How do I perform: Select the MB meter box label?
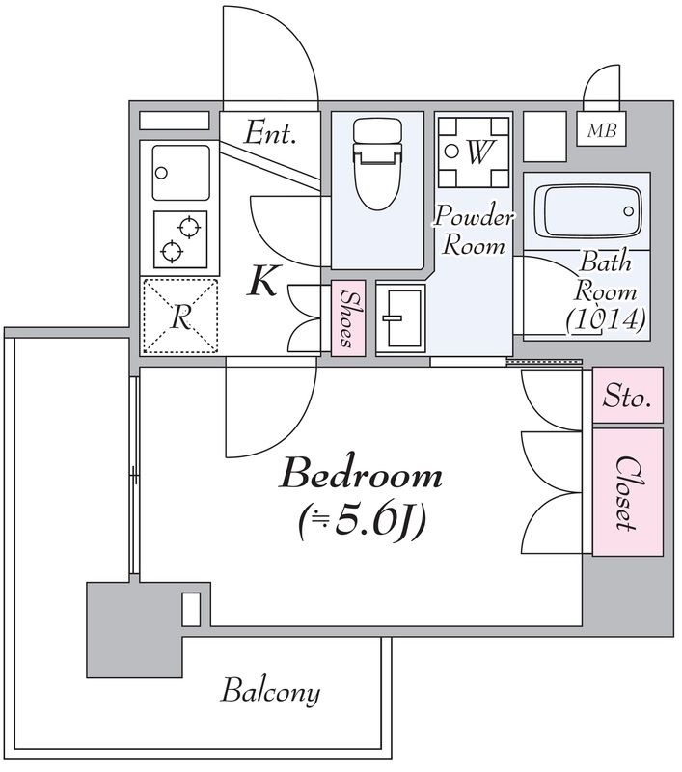pos(601,130)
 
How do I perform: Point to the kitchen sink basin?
pos(181,173)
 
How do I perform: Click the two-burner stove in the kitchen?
pos(180,239)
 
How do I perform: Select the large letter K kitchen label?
pos(263,280)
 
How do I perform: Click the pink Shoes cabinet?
pos(348,318)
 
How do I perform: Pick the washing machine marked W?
pos(474,152)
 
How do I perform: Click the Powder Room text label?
pos(474,232)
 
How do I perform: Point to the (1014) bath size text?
pos(605,319)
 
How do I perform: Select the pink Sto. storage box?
pos(627,395)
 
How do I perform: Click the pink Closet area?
pos(627,492)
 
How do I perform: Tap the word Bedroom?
pos(361,475)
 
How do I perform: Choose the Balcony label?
pos(270,692)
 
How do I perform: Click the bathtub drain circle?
pos(628,211)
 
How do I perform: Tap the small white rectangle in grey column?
pos(191,609)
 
